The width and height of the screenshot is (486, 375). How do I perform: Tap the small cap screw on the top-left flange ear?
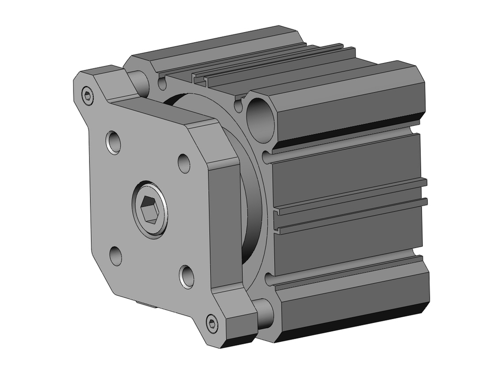tap(87, 96)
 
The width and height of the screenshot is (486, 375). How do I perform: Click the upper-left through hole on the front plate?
tap(114, 141)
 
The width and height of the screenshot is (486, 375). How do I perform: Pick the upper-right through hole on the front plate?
tap(184, 163)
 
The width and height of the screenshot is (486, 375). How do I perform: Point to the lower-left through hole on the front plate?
tap(116, 256)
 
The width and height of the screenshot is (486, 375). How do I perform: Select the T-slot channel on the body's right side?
tap(350, 206)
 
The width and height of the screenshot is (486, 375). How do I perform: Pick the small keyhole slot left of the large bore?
tap(238, 103)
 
